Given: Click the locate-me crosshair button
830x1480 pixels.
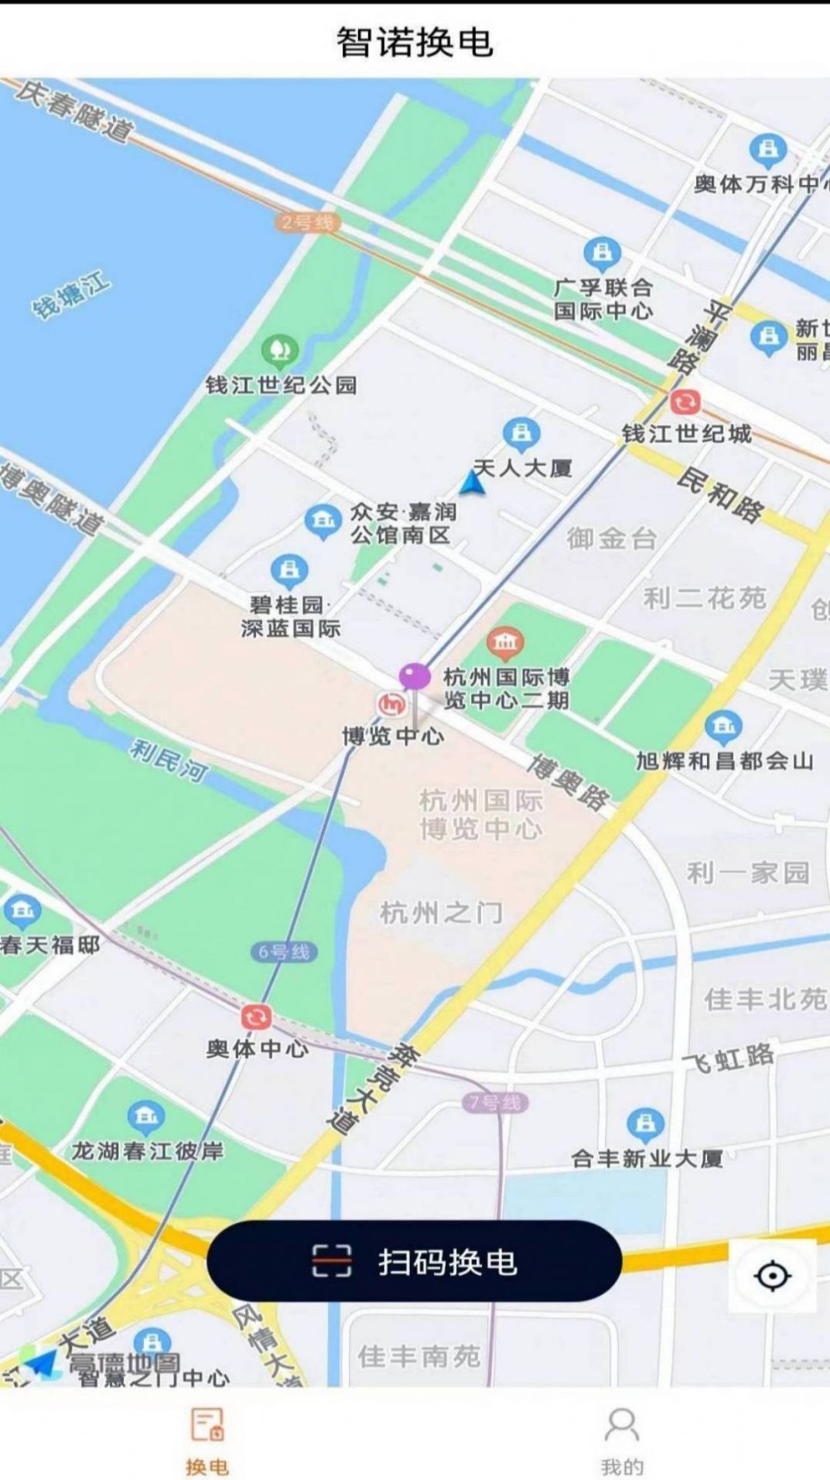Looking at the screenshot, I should tap(771, 1275).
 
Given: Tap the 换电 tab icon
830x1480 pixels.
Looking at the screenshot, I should tap(207, 1424).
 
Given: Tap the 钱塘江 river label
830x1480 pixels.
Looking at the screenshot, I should tap(70, 295).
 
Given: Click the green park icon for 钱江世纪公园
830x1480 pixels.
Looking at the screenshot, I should tap(279, 351).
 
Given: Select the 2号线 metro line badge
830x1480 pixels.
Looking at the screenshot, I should tap(308, 223).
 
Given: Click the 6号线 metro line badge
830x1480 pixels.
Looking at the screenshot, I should tap(284, 952).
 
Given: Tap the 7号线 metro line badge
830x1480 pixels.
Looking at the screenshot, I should tap(496, 1102).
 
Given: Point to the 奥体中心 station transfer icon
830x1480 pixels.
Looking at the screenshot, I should tap(256, 1017).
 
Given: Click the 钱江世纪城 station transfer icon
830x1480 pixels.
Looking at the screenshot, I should tap(685, 402).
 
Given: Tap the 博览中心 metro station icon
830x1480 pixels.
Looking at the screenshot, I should tap(391, 704).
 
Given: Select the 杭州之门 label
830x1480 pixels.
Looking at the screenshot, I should tap(442, 914).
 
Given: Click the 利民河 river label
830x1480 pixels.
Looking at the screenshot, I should tap(169, 758).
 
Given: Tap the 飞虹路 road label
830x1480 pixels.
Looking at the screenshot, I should tap(728, 1058).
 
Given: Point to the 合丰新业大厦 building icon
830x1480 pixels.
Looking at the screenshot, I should tap(645, 1125).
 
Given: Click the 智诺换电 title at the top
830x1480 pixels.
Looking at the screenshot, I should tap(415, 42).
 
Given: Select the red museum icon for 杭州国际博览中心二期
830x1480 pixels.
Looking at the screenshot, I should tap(505, 642).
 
